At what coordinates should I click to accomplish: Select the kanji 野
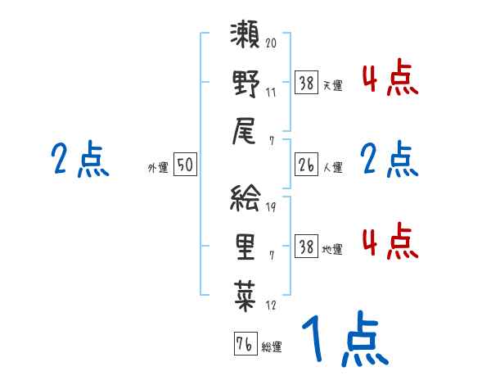(x=245, y=84)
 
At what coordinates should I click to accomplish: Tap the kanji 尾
(x=245, y=131)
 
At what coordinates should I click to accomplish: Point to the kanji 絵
(x=245, y=199)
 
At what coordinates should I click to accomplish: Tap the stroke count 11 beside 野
(x=271, y=91)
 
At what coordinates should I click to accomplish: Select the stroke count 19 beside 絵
(x=271, y=207)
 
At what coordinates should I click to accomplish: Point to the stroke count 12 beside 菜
(x=271, y=305)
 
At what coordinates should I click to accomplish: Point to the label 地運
(x=333, y=248)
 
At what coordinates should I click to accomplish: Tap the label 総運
(x=272, y=347)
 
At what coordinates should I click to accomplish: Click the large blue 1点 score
(x=343, y=341)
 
